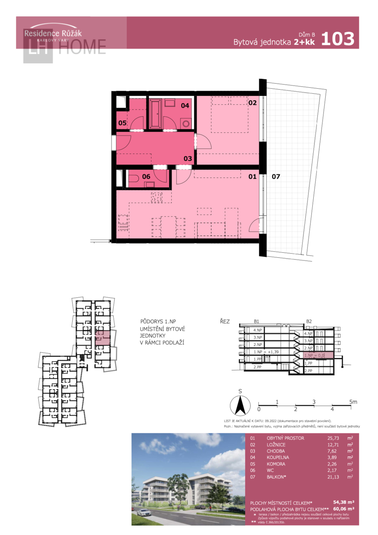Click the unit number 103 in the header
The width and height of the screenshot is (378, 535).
(337, 39)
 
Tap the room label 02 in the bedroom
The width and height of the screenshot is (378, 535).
(253, 103)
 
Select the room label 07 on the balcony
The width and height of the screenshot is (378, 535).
(276, 177)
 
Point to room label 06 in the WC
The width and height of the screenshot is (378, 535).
(146, 177)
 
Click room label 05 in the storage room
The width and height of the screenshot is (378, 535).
(122, 123)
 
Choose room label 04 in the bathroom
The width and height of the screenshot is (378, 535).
(185, 106)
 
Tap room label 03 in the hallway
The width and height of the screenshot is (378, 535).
(187, 158)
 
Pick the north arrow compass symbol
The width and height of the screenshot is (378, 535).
(240, 405)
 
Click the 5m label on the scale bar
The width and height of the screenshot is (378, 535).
(353, 402)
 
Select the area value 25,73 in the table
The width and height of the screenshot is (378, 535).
(334, 438)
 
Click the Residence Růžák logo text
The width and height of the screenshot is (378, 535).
(53, 33)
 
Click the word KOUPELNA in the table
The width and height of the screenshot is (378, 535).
(279, 457)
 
